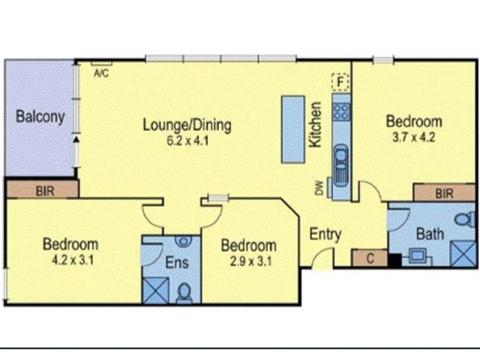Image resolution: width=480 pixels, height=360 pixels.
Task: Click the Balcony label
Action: click(40, 116)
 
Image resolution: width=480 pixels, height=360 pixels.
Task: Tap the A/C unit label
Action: click(101, 73)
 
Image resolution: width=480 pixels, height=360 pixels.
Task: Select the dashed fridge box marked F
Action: click(340, 82)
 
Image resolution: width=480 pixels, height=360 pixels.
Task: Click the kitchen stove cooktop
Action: click(341, 111)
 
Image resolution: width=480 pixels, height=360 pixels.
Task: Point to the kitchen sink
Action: click(341, 164)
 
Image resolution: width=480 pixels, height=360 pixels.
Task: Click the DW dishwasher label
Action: click(319, 188)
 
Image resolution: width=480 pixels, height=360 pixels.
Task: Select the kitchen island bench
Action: click(293, 129)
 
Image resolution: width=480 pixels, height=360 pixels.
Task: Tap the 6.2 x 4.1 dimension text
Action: click(187, 141)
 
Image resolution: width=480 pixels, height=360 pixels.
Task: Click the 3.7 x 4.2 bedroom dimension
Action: click(413, 137)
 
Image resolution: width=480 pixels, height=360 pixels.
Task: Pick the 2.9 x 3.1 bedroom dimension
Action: click(250, 262)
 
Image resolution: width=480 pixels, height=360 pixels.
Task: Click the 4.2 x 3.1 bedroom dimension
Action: click(72, 260)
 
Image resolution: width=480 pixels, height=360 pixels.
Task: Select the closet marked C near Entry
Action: click(370, 258)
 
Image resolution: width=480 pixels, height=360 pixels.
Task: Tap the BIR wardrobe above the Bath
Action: click(444, 193)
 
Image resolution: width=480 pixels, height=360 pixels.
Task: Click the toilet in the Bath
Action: click(465, 220)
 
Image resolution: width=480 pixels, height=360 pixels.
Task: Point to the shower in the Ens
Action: click(156, 290)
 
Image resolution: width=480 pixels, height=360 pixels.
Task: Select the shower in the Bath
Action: click(464, 253)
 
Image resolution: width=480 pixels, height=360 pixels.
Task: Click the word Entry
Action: click(325, 235)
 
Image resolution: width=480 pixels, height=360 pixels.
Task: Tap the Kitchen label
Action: click(316, 125)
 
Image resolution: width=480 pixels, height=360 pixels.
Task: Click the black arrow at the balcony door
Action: click(76, 140)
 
